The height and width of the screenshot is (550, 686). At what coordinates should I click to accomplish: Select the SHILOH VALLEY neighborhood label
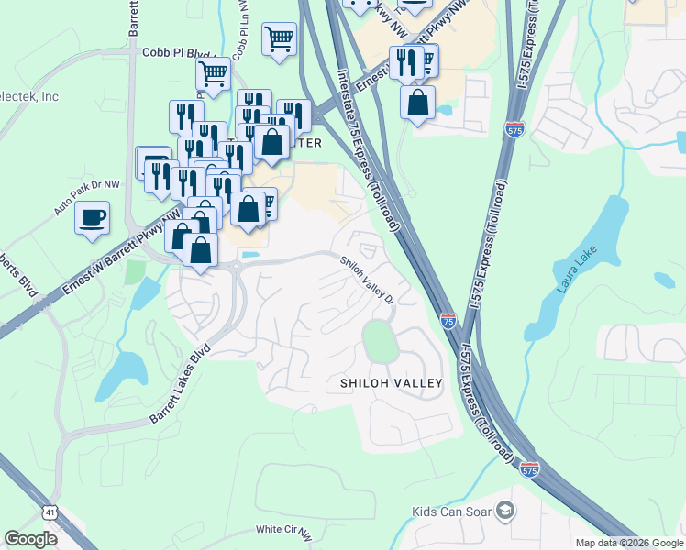tap(391, 382)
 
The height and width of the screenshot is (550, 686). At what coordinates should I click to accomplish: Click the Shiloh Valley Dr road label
tap(367, 280)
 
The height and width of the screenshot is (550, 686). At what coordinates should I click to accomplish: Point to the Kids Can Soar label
tap(450, 511)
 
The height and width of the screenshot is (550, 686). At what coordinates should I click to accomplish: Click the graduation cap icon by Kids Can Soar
tap(503, 511)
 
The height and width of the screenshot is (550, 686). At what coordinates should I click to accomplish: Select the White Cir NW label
tap(284, 529)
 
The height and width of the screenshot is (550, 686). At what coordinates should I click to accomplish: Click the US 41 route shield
tap(48, 510)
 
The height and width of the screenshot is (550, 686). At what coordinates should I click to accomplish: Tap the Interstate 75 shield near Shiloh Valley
tap(448, 320)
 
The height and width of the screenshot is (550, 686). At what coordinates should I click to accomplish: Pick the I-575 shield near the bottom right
tap(529, 469)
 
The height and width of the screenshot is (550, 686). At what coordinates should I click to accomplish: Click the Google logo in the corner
tap(30, 539)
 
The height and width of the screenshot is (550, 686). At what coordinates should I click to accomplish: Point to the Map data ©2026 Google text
tap(629, 543)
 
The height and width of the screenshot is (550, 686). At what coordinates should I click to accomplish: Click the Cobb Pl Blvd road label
tap(169, 53)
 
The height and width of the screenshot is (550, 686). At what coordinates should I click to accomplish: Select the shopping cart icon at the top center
tap(279, 39)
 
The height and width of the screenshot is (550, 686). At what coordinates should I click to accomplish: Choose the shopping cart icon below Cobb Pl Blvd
tap(213, 72)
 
